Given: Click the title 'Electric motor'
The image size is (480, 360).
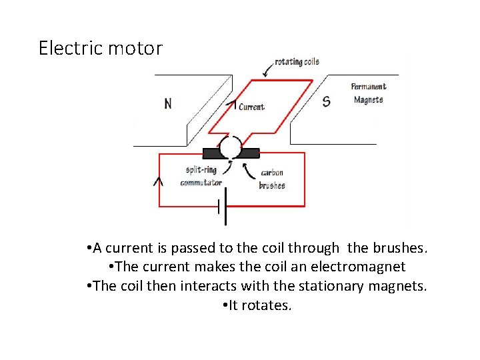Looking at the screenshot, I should [100, 49].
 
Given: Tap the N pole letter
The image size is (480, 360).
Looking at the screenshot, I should [167, 103].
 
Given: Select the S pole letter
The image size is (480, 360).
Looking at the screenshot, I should [326, 101].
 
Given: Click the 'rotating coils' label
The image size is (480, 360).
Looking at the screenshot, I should [297, 62].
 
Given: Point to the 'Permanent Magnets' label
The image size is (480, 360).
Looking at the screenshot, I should [369, 93].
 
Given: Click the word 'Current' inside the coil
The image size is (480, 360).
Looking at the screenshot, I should [251, 107].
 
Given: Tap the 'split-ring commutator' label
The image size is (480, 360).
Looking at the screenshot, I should [201, 176].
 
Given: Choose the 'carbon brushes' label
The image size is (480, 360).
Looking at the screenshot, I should [272, 179].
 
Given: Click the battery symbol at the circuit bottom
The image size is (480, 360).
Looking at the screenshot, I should [222, 207].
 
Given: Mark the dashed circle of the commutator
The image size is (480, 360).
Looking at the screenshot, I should [231, 147].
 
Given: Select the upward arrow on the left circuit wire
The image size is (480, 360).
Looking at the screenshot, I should [159, 181].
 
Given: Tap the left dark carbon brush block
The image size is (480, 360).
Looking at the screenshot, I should [208, 153].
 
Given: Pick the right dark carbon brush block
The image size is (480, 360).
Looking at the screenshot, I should [250, 153].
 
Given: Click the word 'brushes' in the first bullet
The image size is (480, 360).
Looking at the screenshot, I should [397, 249].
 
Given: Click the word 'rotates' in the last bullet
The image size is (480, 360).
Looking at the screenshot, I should [269, 306].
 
